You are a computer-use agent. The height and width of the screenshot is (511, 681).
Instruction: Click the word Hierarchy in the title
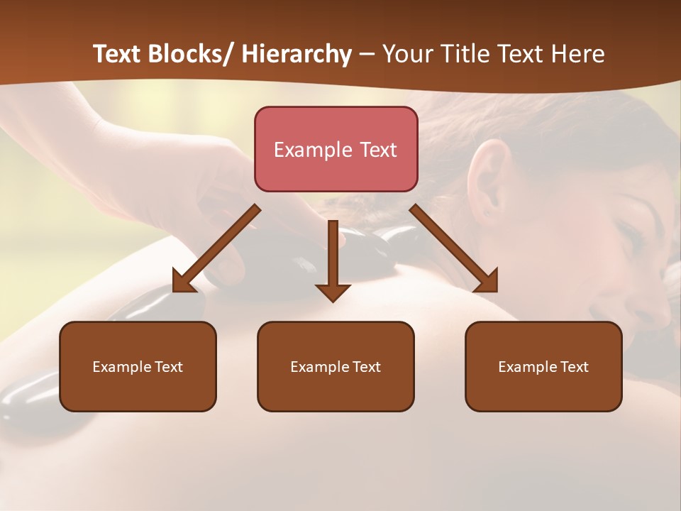[297, 55]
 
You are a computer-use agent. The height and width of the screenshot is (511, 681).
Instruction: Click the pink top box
[336, 149]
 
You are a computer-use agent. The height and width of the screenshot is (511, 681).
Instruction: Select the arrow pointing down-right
[454, 249]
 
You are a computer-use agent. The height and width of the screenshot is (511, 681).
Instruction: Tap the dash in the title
[367, 55]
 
